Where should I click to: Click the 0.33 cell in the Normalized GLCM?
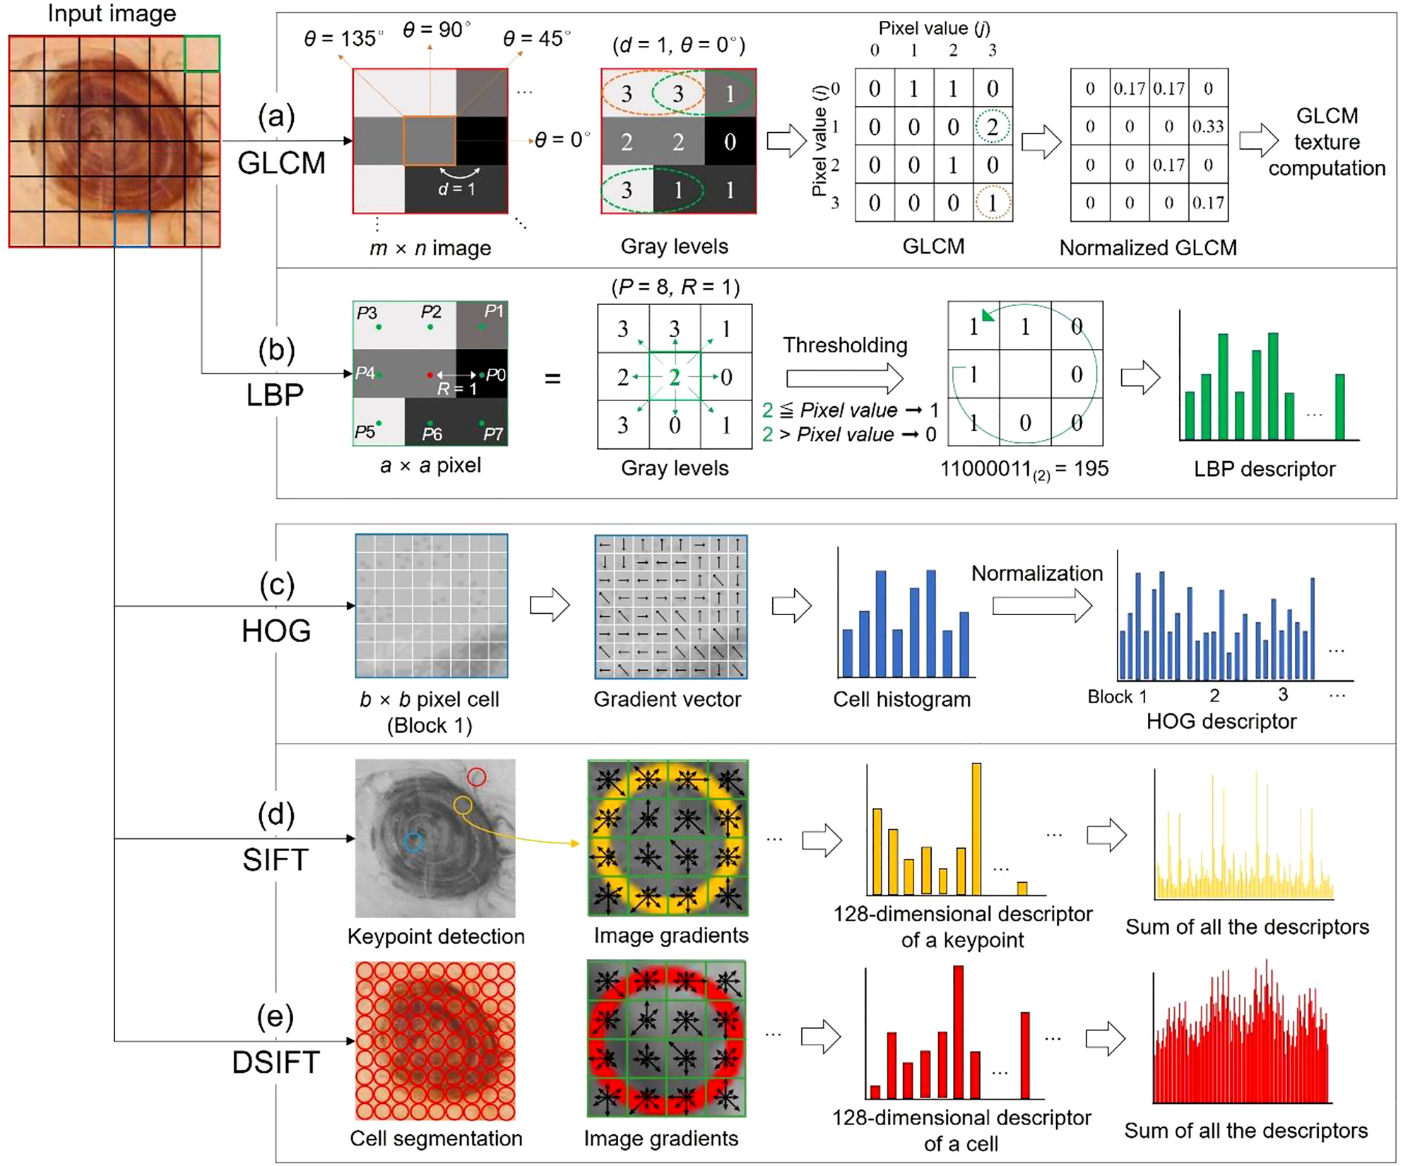point(1207,127)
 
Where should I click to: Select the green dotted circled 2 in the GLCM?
point(992,127)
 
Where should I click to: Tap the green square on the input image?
point(202,54)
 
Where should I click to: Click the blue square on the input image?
point(132,228)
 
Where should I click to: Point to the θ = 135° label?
point(343,38)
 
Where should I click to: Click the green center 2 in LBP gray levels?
point(675,376)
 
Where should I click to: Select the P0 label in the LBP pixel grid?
point(495,374)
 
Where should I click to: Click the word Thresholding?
point(844,345)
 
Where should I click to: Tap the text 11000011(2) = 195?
point(1024,469)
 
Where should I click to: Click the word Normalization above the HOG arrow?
point(1036,573)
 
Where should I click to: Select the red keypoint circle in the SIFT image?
point(477,777)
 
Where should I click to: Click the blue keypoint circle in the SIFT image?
point(414,841)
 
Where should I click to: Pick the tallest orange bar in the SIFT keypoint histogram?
point(976,829)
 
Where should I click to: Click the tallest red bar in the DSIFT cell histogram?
point(958,1031)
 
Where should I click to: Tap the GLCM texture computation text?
point(1326,142)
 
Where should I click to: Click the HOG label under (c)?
point(276,631)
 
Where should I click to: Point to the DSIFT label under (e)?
point(276,1062)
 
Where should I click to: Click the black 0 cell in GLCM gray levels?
point(730,142)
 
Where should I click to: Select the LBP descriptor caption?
point(1264,469)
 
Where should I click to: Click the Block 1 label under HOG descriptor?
point(1117,696)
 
